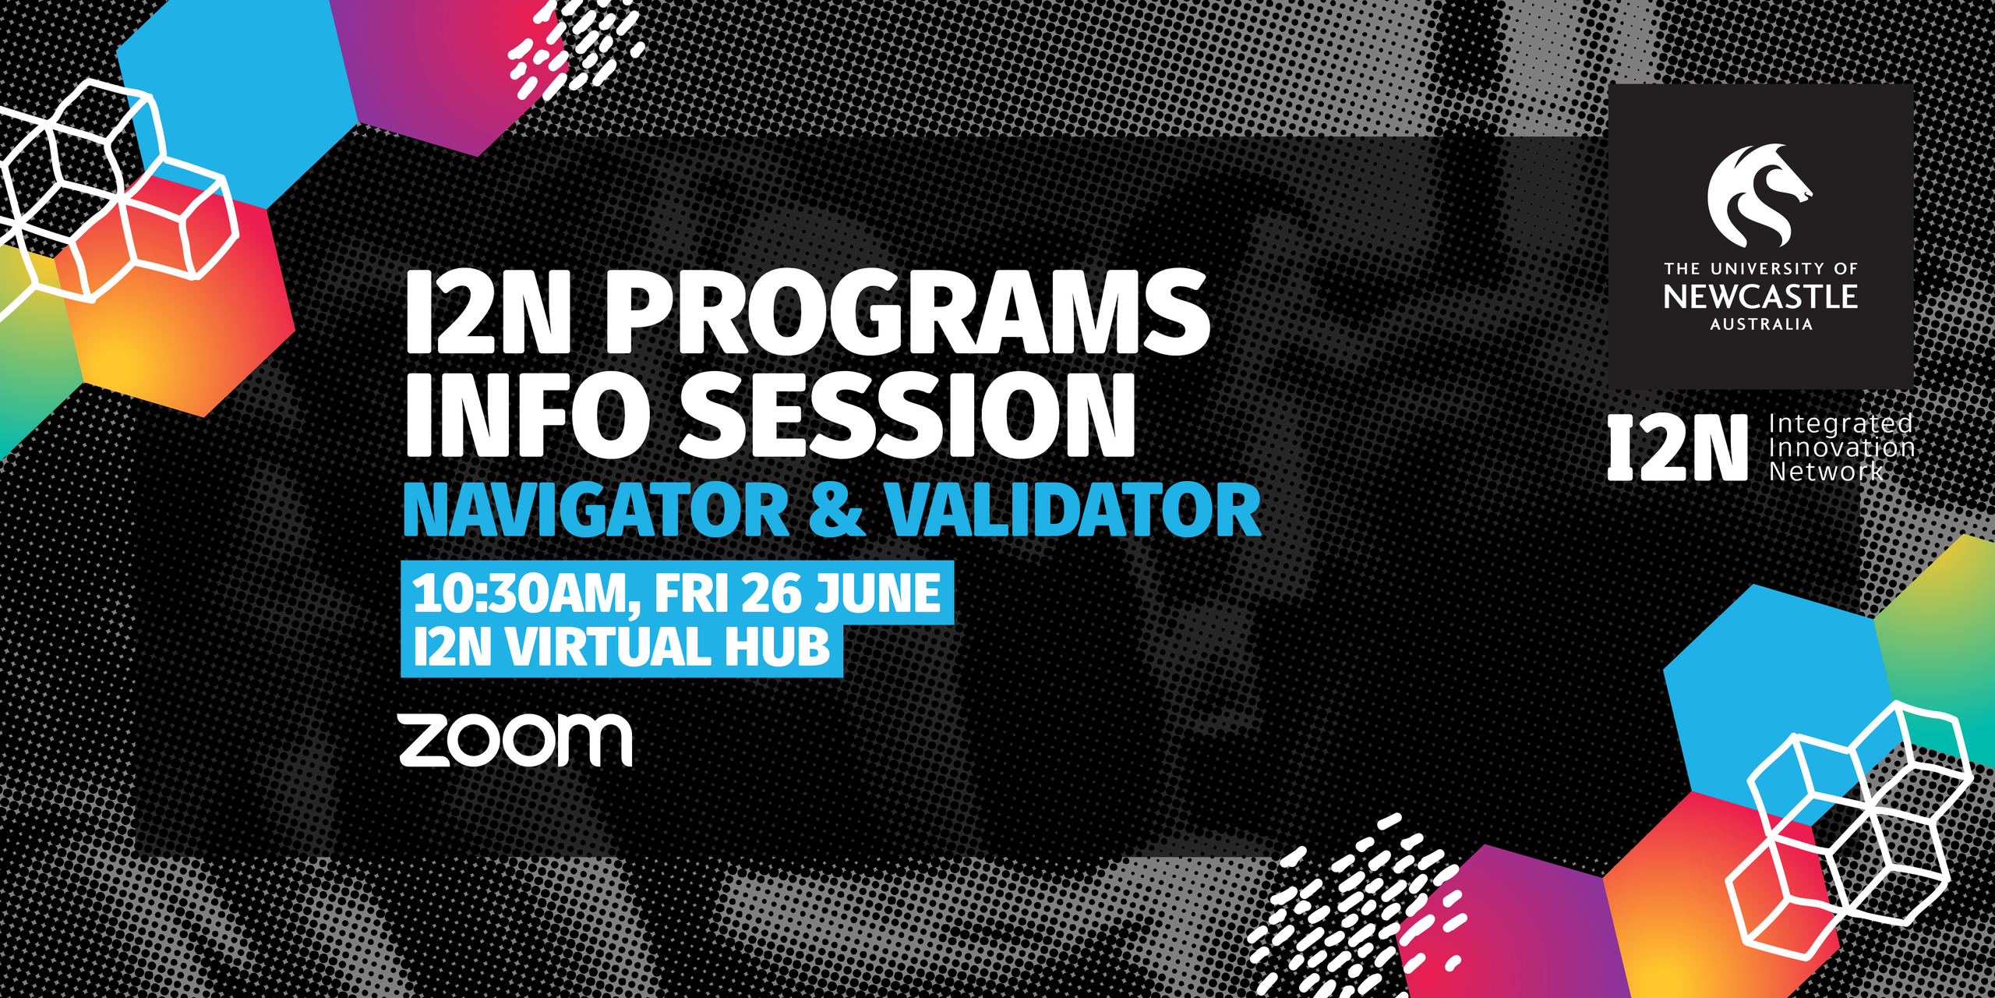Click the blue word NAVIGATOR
597,510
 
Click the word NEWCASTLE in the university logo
1760,297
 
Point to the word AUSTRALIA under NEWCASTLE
1761,324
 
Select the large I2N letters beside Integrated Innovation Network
1678,448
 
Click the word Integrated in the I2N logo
1841,423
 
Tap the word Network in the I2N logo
1826,472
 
